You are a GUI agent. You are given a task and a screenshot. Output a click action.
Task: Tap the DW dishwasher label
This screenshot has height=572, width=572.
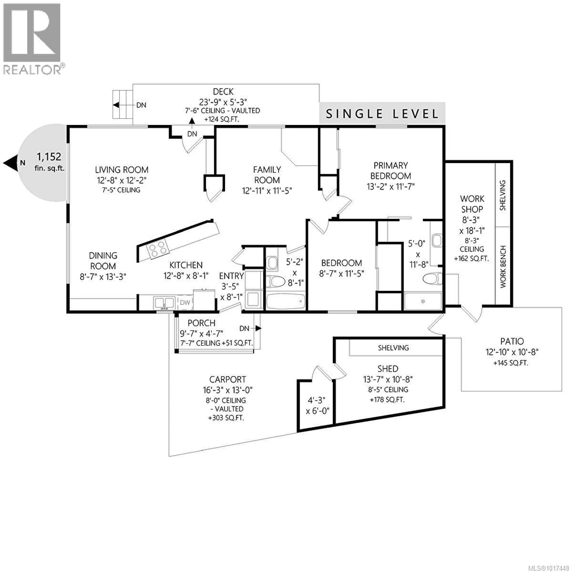tap(185, 303)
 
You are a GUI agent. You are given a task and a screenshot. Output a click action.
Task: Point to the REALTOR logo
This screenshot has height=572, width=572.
tap(32, 38)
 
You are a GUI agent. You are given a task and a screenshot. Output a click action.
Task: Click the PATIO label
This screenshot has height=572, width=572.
tap(512, 341)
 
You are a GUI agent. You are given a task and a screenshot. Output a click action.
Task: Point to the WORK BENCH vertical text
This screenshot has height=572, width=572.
tap(503, 266)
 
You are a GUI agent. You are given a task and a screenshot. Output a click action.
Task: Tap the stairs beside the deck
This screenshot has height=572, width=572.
tap(122, 105)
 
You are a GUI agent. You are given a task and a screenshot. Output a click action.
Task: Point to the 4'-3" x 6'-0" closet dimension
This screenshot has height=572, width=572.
tap(317, 406)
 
